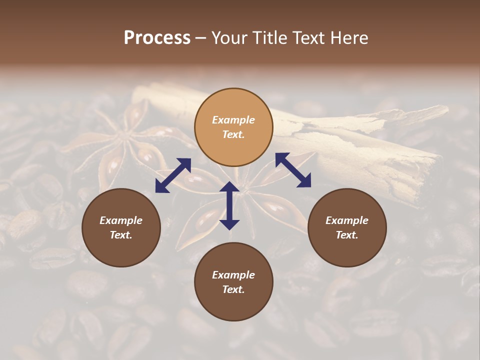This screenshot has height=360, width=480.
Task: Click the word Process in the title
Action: tap(157, 38)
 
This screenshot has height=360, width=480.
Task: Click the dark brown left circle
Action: tap(121, 227)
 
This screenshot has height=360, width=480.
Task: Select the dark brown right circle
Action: tap(346, 227)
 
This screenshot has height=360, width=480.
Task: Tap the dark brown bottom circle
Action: tap(233, 281)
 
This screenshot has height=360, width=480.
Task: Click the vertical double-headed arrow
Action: tap(229, 205)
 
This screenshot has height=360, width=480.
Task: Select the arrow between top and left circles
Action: tap(173, 175)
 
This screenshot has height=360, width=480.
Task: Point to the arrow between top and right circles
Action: tap(293, 170)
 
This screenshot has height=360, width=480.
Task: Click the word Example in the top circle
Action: tap(233, 120)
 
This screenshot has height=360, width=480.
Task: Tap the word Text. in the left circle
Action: tap(121, 235)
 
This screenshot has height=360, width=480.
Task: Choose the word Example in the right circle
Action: tap(346, 220)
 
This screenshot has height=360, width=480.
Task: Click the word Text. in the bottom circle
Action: tap(233, 289)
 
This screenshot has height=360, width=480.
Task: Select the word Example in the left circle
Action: tap(121, 220)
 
